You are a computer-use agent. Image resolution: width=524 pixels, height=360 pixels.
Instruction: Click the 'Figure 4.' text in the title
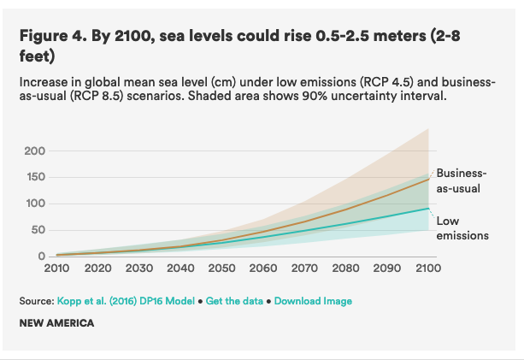tap(51, 36)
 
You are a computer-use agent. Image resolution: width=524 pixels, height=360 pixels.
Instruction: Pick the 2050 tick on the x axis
tap(222, 269)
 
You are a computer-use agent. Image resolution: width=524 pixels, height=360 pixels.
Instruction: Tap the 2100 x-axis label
tap(427, 269)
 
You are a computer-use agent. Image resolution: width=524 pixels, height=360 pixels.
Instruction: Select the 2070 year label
tap(304, 269)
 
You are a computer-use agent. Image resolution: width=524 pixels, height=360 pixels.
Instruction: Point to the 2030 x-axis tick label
tap(140, 269)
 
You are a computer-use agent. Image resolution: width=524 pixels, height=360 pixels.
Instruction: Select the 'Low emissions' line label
tap(462, 228)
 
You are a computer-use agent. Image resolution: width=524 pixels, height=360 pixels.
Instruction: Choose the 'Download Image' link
tap(313, 301)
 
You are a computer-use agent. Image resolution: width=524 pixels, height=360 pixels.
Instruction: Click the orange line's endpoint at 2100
tap(428, 179)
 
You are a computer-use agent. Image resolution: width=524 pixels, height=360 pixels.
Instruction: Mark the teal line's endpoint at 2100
tap(428, 209)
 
